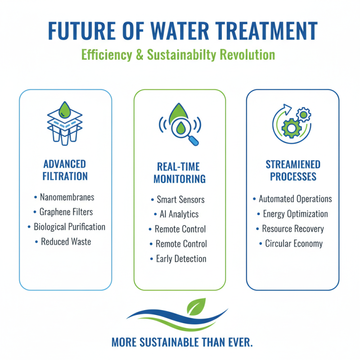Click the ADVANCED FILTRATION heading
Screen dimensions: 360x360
pyautogui.click(x=65, y=170)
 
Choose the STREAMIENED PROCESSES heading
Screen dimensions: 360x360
pyautogui.click(x=292, y=170)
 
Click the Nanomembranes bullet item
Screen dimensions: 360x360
pyautogui.click(x=67, y=197)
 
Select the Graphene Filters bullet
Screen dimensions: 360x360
pyautogui.click(x=66, y=212)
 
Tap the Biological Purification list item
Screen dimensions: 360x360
pyautogui.click(x=69, y=227)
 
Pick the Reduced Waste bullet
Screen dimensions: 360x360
pyautogui.click(x=66, y=242)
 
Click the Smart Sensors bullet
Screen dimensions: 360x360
pyautogui.click(x=180, y=199)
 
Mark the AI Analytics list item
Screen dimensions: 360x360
pyautogui.click(x=180, y=214)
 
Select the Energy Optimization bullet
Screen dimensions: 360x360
pyautogui.click(x=295, y=214)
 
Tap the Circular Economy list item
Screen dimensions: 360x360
pyautogui.click(x=293, y=243)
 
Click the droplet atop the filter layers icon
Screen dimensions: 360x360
pyautogui.click(x=66, y=108)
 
